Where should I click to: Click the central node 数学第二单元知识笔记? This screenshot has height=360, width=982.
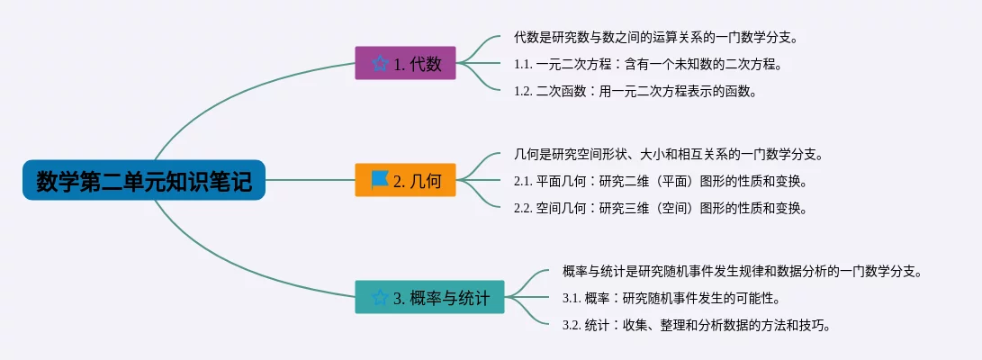coord(144,180)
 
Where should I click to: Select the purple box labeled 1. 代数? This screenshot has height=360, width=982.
coord(405,63)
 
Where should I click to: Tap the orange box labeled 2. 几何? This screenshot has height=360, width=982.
coord(405,180)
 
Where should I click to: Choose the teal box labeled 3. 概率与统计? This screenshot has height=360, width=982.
coord(429,297)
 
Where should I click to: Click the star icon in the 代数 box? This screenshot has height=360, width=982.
coord(380,63)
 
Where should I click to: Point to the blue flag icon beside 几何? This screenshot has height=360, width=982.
coord(380,180)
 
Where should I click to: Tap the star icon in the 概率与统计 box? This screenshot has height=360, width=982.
coord(380,297)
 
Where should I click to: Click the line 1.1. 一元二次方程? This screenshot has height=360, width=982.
coord(649,63)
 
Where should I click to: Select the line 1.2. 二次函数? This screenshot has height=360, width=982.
coord(635,91)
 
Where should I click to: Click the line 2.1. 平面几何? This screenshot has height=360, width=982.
coord(660,182)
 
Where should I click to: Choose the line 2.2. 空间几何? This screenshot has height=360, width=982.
coord(660,209)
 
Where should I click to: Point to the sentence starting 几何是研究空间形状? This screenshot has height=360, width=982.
coord(668,154)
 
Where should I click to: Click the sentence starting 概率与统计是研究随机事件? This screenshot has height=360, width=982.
coord(743,272)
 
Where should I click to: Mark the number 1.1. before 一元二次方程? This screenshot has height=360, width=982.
coord(523,64)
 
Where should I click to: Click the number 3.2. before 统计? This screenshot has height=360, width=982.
coord(572,326)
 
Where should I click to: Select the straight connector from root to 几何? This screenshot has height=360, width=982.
coord(310,180)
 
